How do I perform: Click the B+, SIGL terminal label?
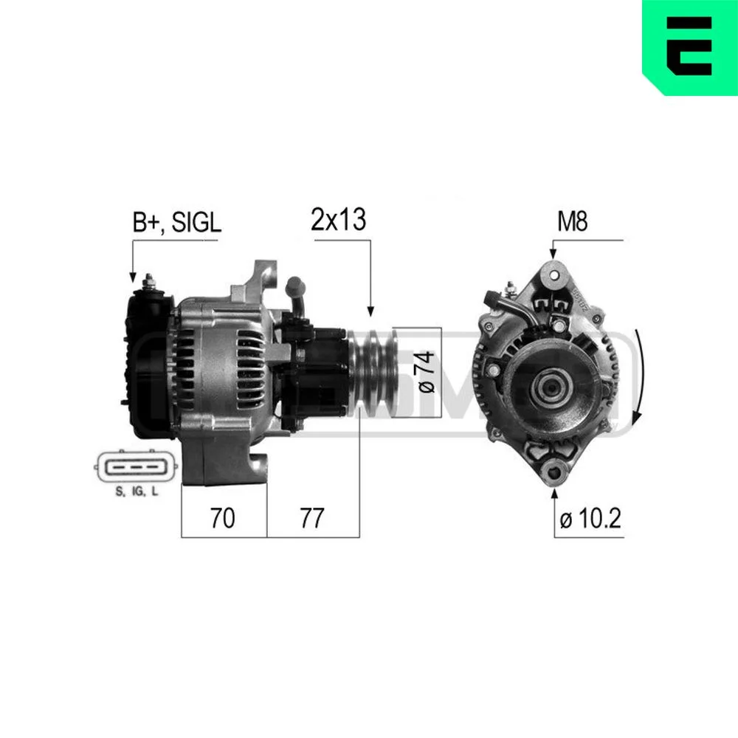click(x=176, y=222)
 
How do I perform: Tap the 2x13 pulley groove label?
click(x=338, y=219)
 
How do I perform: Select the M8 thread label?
click(x=573, y=221)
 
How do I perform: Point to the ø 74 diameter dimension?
click(x=427, y=372)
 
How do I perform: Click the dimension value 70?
click(x=222, y=518)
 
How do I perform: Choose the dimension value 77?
click(x=312, y=518)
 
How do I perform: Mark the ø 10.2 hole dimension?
click(x=590, y=518)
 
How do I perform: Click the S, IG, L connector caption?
click(x=137, y=492)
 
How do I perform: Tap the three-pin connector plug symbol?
click(x=137, y=467)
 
